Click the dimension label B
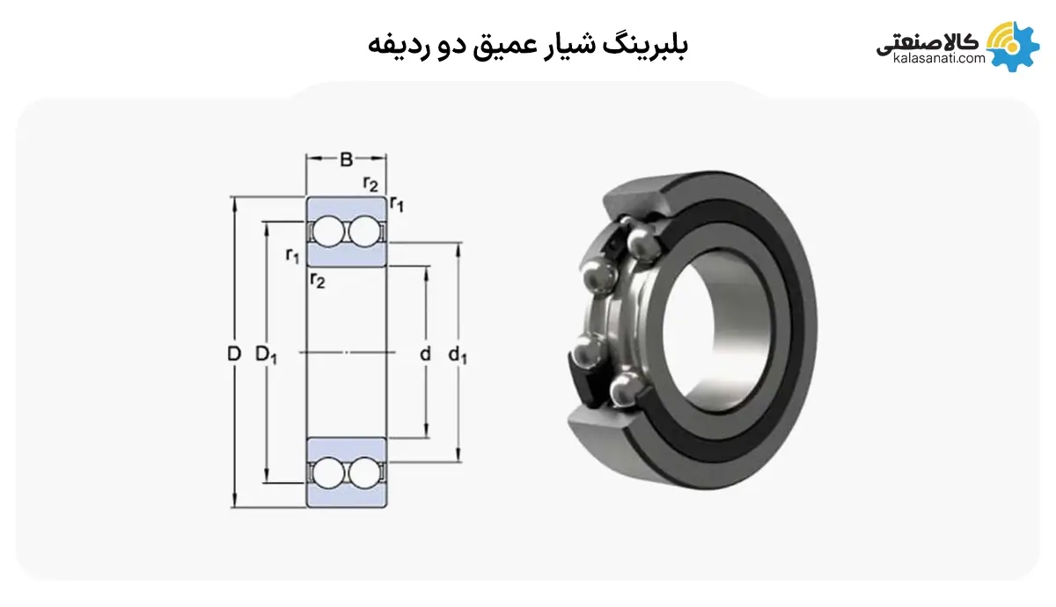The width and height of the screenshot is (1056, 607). click(x=347, y=159)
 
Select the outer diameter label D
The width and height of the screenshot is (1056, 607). click(x=233, y=355)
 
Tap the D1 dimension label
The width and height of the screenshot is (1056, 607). click(x=266, y=355)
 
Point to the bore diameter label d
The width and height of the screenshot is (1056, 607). click(x=425, y=355)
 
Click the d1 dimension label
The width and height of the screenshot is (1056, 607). click(x=458, y=355)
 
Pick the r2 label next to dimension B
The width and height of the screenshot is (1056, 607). click(x=370, y=184)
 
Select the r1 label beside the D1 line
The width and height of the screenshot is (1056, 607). click(x=292, y=256)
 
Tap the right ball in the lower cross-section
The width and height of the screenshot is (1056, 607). click(x=362, y=472)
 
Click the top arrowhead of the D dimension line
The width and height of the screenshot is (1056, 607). click(x=234, y=201)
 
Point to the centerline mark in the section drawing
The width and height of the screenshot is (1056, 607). click(x=346, y=352)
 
